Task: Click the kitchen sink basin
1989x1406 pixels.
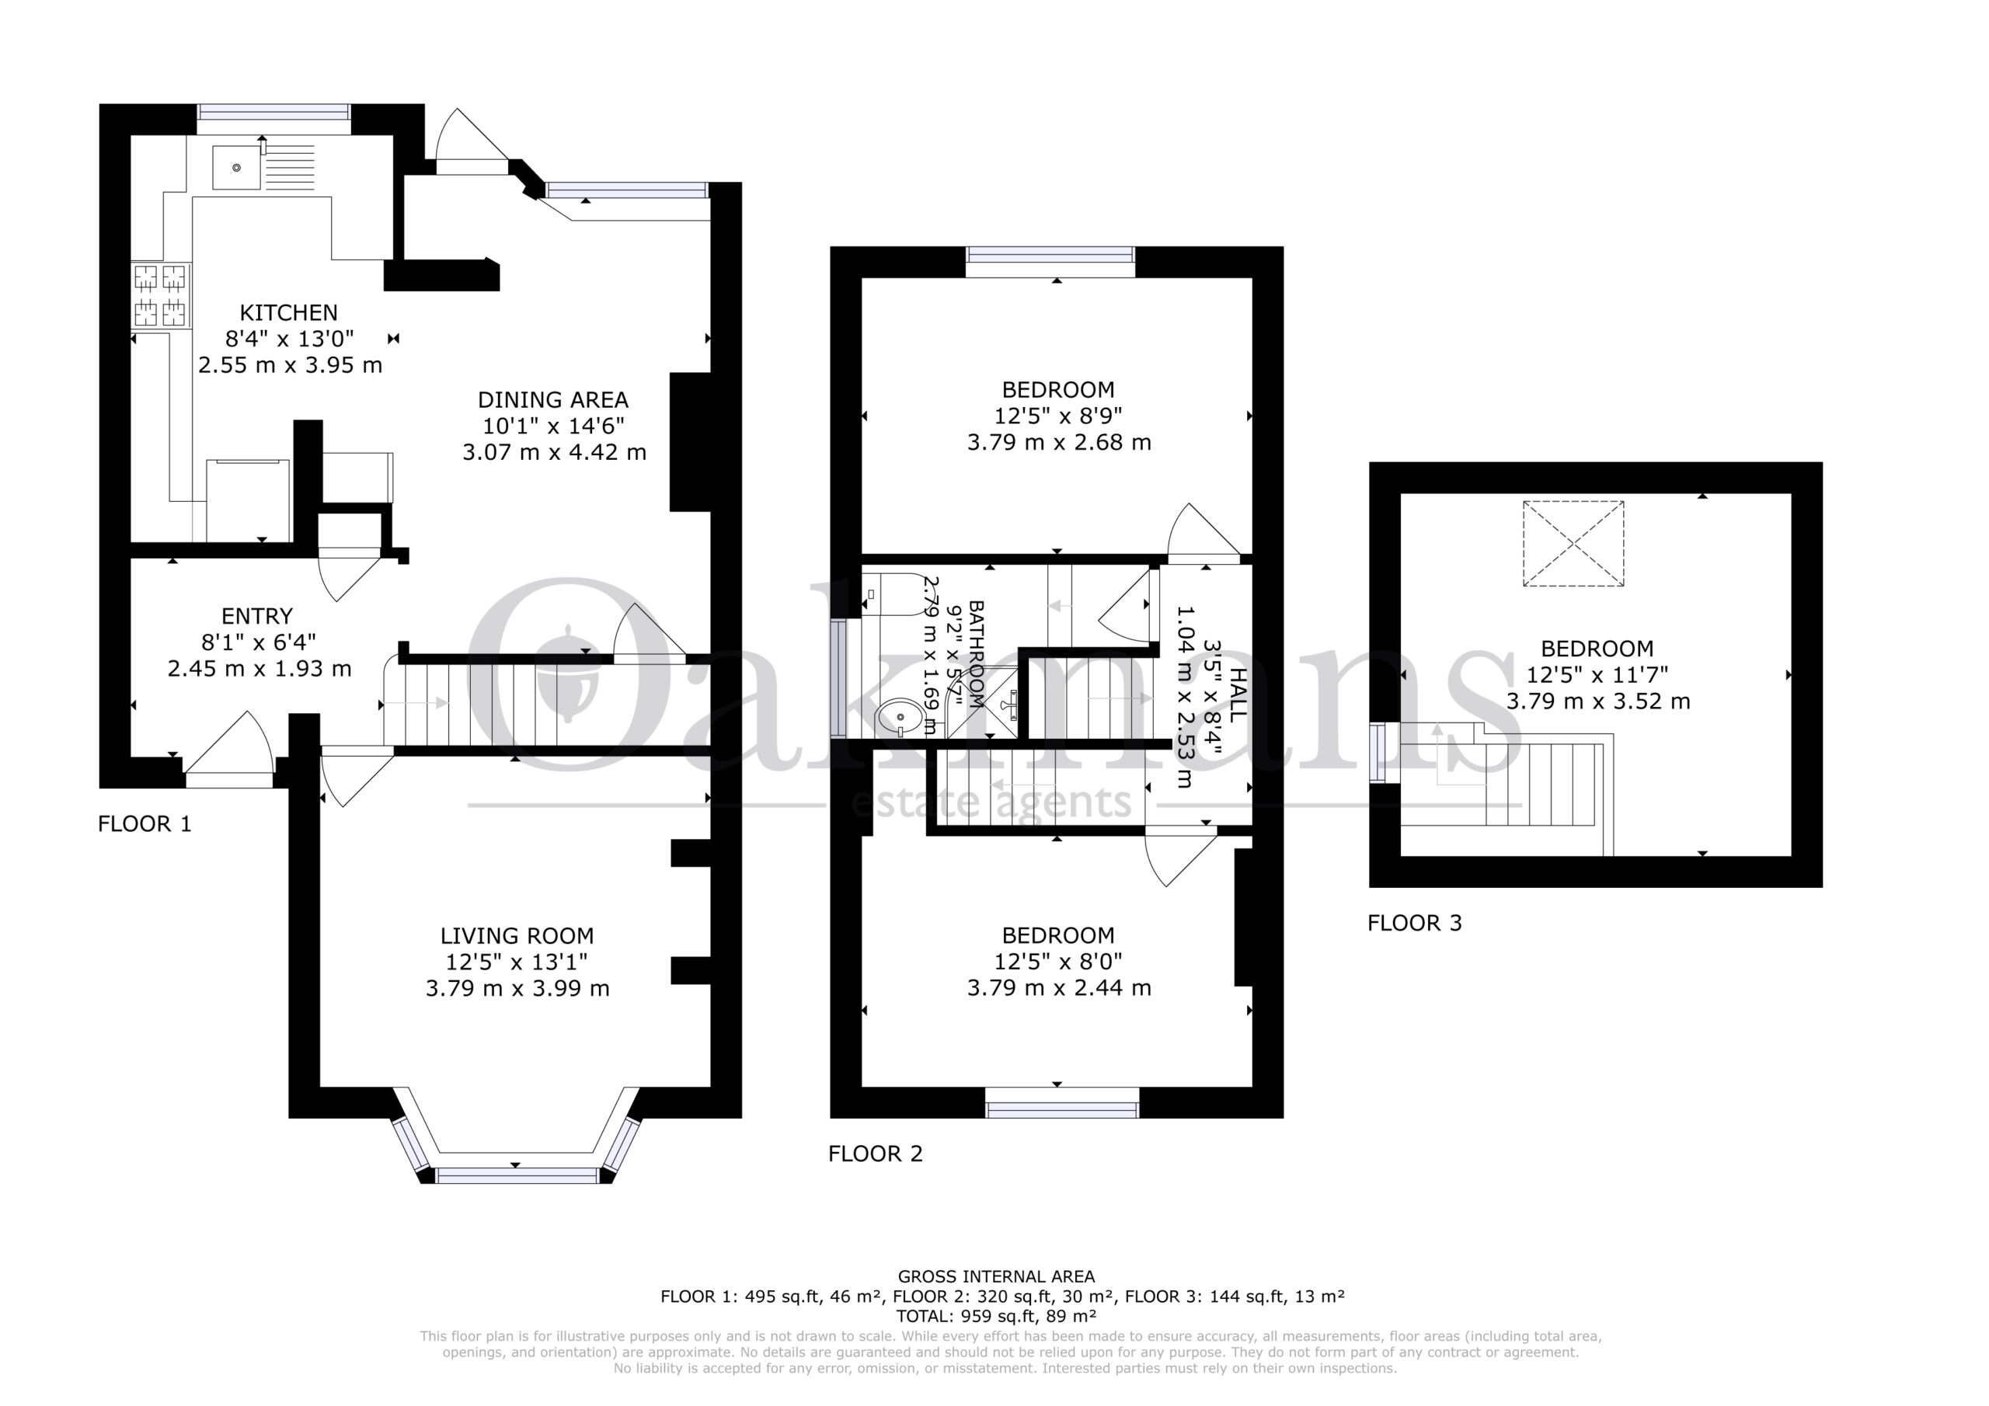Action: (236, 168)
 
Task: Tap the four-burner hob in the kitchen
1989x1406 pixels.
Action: (160, 295)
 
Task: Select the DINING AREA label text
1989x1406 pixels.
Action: (552, 400)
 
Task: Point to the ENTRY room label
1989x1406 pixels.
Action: (257, 617)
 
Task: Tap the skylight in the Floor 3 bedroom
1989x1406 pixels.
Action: (1573, 544)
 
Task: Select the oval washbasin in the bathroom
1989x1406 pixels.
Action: (901, 717)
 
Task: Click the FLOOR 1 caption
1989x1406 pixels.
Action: (145, 824)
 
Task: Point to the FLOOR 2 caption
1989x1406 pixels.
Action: (875, 1154)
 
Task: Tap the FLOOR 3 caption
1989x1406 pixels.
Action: (1415, 924)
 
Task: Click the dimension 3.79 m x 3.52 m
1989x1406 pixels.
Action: (1597, 701)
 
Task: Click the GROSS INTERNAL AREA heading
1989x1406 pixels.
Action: (996, 1276)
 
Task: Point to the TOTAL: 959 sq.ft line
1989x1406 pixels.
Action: (996, 1316)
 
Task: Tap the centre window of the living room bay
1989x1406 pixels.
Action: (517, 1175)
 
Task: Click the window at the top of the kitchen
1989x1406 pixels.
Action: (273, 112)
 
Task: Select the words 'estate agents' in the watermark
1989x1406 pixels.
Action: (992, 802)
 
